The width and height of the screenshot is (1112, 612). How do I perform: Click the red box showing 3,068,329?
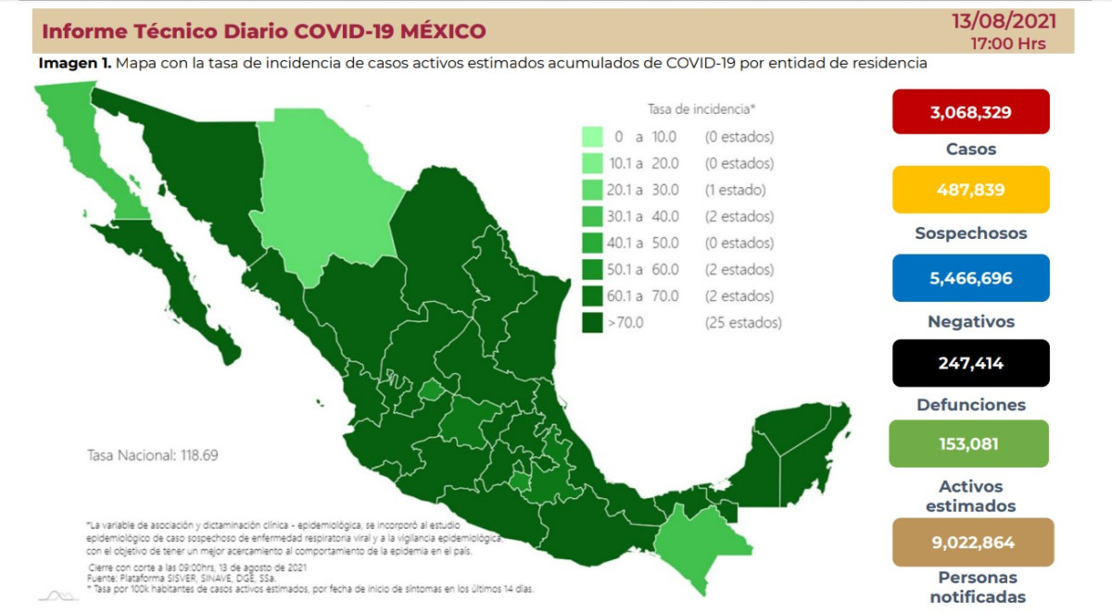pos(970,112)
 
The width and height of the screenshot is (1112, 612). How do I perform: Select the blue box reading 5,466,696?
pos(970,278)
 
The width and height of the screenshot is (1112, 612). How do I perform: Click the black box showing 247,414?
pos(970,362)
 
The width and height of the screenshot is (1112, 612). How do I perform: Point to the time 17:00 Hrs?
pos(1008,44)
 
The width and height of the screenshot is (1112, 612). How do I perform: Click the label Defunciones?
pos(970,405)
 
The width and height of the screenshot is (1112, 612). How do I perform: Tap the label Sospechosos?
pos(970,233)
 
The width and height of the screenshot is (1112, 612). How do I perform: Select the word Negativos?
pos(970,321)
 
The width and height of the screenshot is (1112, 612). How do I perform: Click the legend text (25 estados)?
pos(741,323)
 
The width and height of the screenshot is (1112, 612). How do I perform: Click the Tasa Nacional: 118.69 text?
pos(152,456)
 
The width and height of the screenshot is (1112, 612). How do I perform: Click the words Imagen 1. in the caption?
pos(75,63)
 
